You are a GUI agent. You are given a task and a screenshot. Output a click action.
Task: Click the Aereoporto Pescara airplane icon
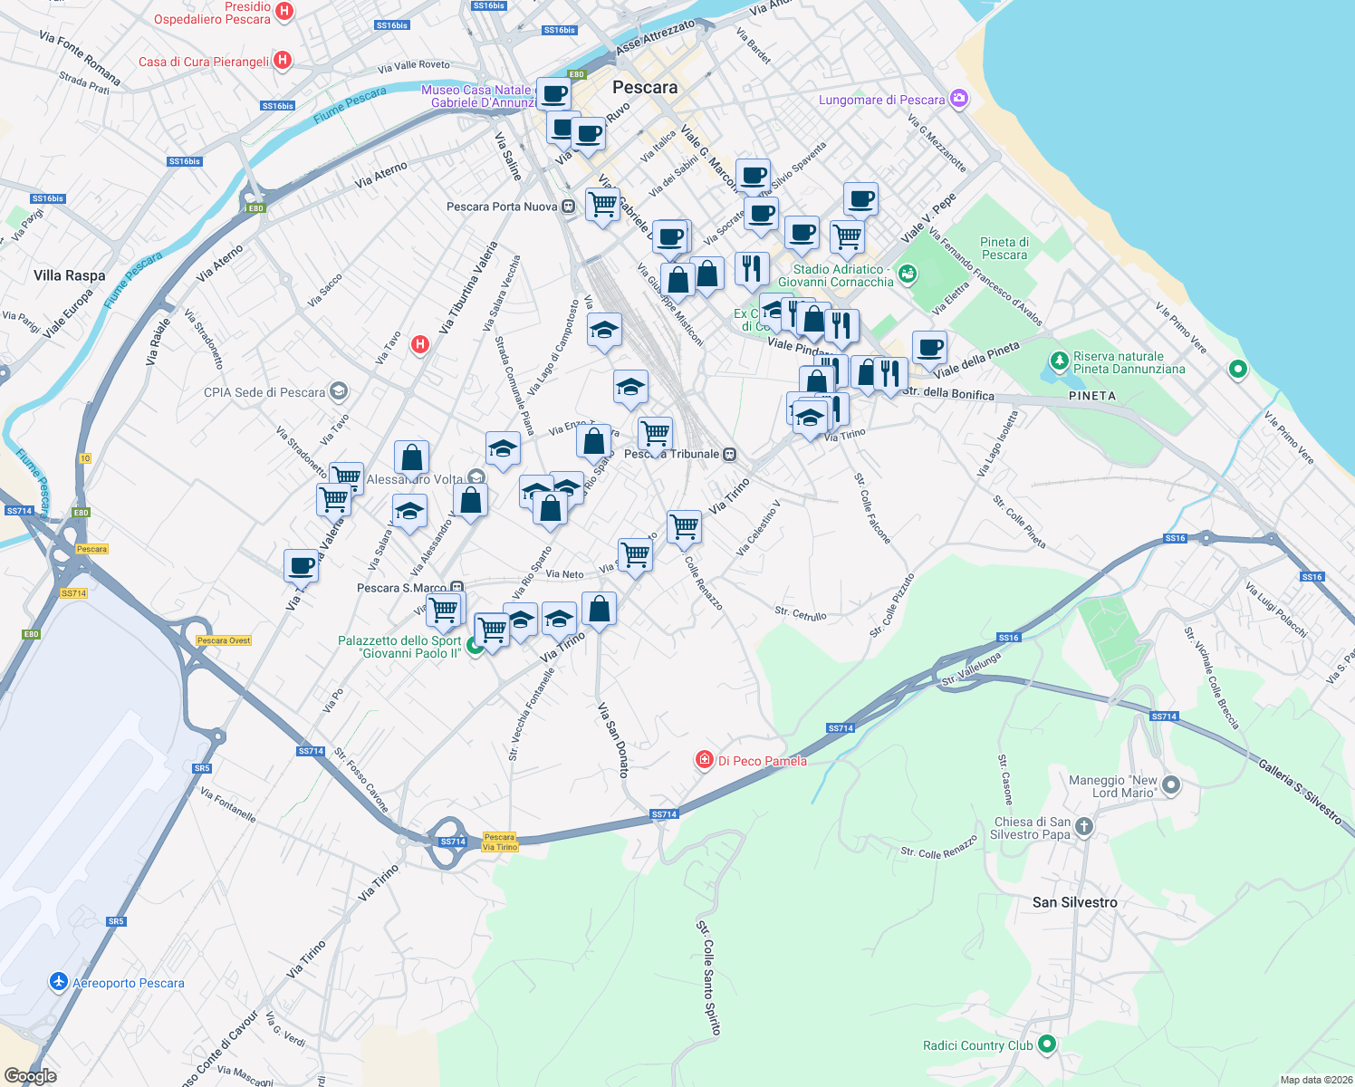59,982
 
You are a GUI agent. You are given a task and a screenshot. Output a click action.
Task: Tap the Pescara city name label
645,88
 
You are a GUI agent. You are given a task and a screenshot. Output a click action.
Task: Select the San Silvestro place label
1075,902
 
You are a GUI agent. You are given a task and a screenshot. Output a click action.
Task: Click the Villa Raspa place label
70,275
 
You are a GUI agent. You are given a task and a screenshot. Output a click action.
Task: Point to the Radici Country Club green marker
1047,1044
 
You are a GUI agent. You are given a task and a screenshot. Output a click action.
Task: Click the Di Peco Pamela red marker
705,760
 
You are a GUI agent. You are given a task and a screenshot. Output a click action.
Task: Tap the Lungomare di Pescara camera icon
959,100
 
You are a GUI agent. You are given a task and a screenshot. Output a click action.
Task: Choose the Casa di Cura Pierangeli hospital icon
283,61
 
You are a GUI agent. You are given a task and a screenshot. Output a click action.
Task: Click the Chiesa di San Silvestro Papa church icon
1084,826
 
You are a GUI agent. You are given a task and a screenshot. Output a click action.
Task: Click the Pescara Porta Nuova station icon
568,207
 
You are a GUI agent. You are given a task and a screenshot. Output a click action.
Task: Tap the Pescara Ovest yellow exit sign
224,640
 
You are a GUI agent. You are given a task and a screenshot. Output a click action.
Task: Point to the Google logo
31,1076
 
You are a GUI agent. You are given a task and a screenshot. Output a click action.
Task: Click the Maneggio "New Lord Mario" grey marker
1171,785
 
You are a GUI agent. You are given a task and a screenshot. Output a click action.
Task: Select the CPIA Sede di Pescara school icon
339,391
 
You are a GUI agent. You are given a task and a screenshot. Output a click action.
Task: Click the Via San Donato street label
613,739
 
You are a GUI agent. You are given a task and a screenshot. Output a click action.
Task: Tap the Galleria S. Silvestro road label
1300,791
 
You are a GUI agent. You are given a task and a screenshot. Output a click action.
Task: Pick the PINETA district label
1092,396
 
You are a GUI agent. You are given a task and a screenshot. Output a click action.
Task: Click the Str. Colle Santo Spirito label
709,978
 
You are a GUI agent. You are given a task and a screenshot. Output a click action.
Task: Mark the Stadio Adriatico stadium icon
908,274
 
